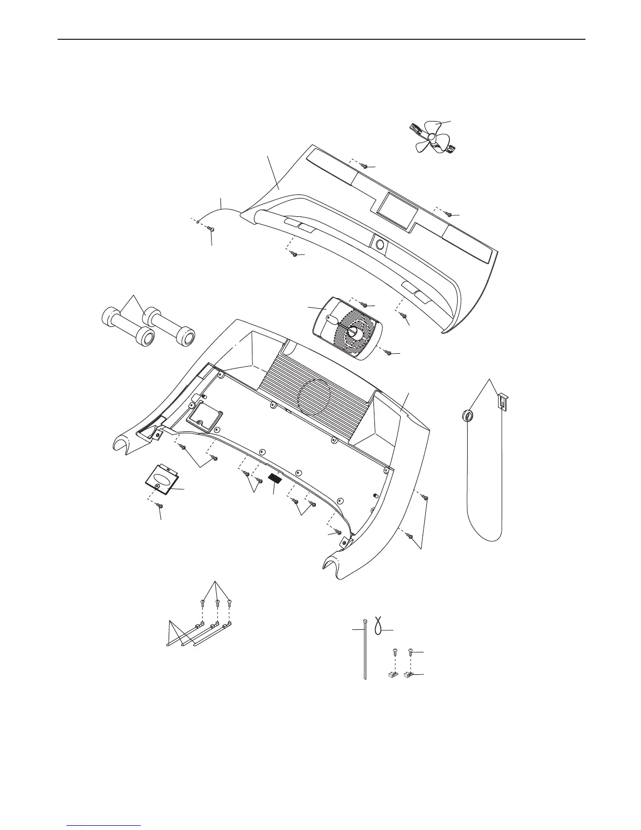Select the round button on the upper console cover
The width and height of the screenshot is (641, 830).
[x=379, y=243]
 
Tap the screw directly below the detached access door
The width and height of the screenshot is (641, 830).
[x=160, y=506]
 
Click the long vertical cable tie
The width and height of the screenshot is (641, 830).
[x=363, y=650]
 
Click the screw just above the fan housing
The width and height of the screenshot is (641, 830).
[x=365, y=304]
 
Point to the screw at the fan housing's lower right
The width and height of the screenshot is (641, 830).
[x=389, y=353]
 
